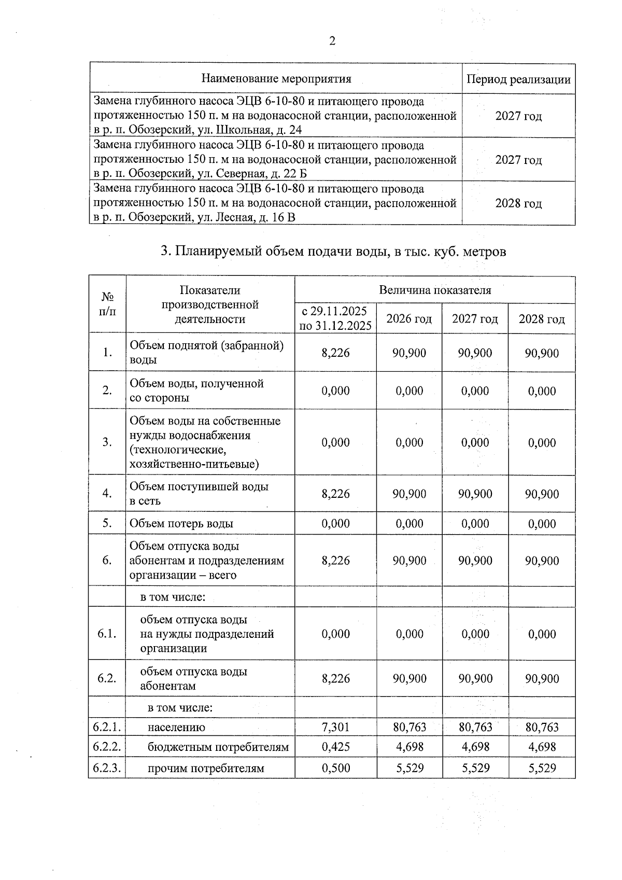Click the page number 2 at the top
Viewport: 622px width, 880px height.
tap(332, 41)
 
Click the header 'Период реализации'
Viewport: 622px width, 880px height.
tap(518, 79)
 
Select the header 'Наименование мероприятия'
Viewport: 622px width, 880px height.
tap(276, 79)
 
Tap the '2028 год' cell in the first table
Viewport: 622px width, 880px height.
tap(518, 203)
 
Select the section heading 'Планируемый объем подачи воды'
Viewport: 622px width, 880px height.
tap(332, 252)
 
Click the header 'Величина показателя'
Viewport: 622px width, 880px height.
tap(434, 290)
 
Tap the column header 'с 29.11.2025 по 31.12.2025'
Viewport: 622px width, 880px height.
tap(335, 318)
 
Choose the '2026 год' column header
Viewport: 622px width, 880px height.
tap(409, 318)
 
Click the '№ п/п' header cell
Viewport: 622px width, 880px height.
tap(107, 304)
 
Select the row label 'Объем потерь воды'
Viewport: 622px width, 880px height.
tap(181, 523)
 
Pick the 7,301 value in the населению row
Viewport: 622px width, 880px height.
tap(335, 727)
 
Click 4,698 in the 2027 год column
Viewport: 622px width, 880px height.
tap(475, 747)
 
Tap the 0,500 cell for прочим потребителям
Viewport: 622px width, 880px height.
tap(335, 768)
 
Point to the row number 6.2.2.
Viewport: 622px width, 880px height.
tap(107, 747)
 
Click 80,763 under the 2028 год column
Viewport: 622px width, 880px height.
tap(542, 727)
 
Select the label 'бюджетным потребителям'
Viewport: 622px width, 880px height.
tap(218, 747)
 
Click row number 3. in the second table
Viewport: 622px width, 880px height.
tap(107, 442)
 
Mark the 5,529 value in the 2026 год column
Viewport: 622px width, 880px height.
tap(409, 768)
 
